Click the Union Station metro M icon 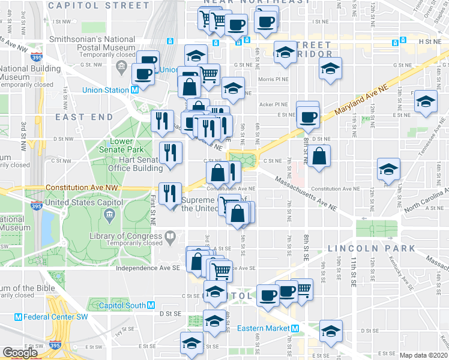point(135,90)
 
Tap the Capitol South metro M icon point(151,305)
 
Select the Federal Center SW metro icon point(18,317)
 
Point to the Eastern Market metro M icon point(295,328)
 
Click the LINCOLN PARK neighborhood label point(371,248)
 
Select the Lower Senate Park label point(126,146)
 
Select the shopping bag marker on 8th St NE point(320,156)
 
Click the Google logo point(20,353)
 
